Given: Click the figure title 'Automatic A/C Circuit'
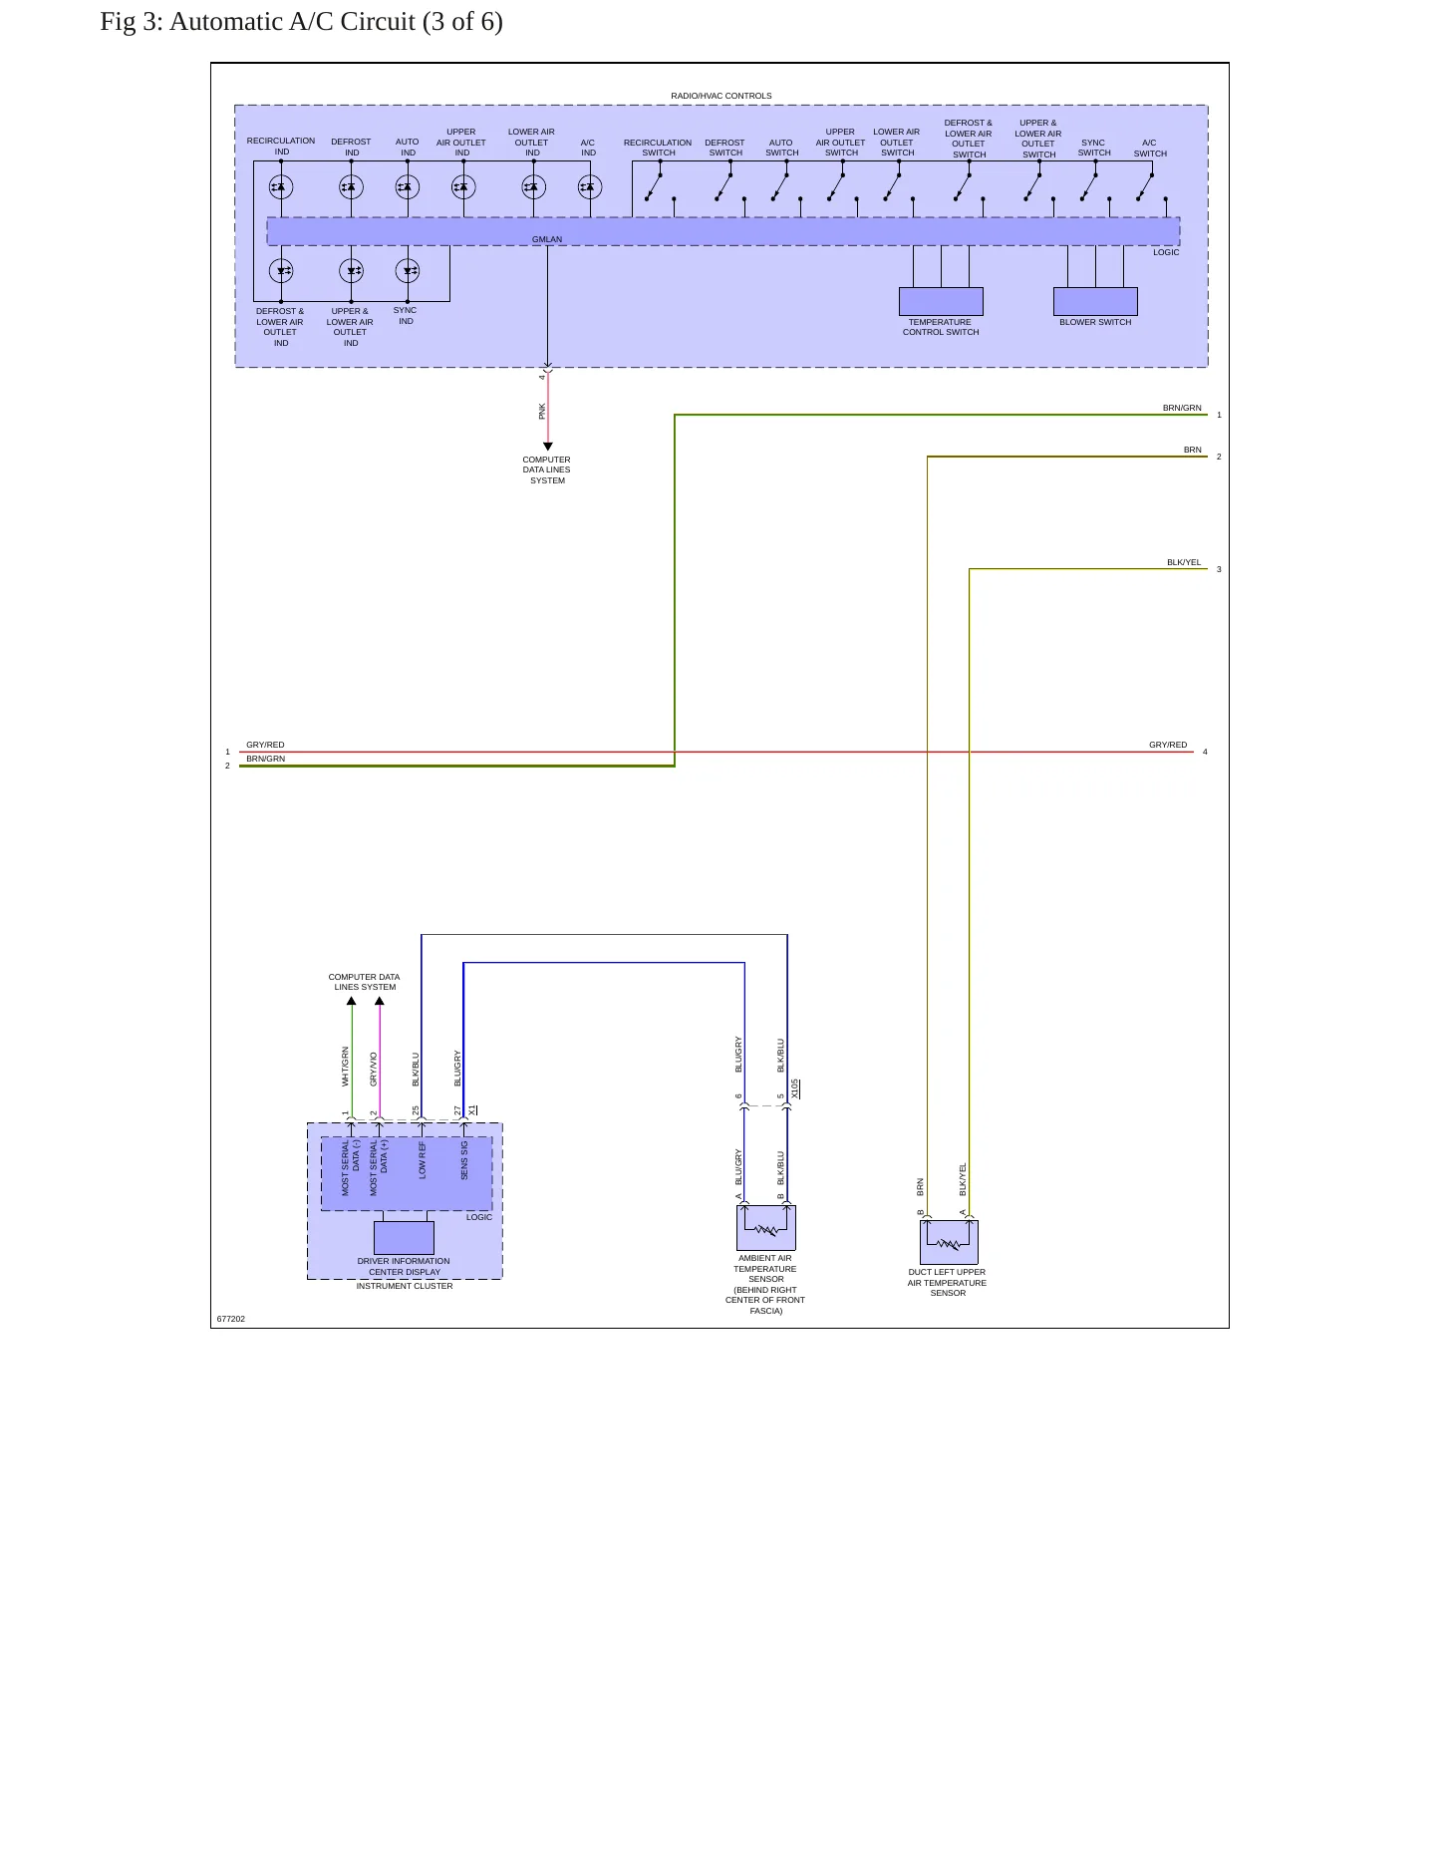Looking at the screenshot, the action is click(292, 22).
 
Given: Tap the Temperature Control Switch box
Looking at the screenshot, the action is click(941, 301).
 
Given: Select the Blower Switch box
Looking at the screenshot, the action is click(1095, 301).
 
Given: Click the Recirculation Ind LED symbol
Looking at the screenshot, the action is click(281, 186).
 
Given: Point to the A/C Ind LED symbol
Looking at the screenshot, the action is click(590, 186).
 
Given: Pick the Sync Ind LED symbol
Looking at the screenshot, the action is click(408, 270).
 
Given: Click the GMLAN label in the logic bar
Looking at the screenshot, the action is click(547, 239).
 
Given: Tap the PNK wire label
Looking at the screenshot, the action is click(542, 411).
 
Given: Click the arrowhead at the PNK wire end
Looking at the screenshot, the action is click(547, 447).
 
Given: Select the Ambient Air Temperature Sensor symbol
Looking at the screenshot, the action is click(765, 1228).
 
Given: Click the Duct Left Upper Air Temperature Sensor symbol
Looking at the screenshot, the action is click(949, 1242).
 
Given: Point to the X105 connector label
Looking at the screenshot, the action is click(795, 1088).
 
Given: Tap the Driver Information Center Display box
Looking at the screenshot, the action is click(404, 1237).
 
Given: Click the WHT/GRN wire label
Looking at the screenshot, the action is click(346, 1066).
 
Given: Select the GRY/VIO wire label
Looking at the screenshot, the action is click(374, 1069).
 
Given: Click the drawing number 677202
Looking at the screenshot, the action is click(231, 1319).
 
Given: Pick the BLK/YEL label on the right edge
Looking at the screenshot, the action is click(1184, 562).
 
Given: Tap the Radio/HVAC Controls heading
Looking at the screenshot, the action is click(721, 96).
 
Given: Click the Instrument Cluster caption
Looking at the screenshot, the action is click(405, 1286).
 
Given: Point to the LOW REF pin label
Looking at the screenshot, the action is click(423, 1160).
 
